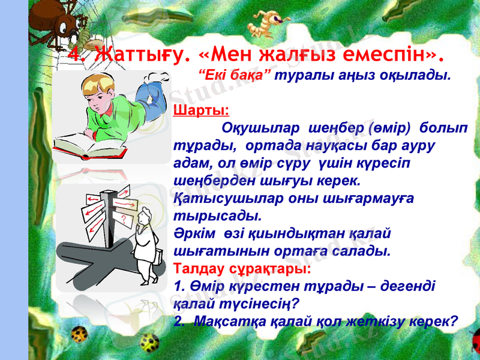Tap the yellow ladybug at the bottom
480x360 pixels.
(150, 341)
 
